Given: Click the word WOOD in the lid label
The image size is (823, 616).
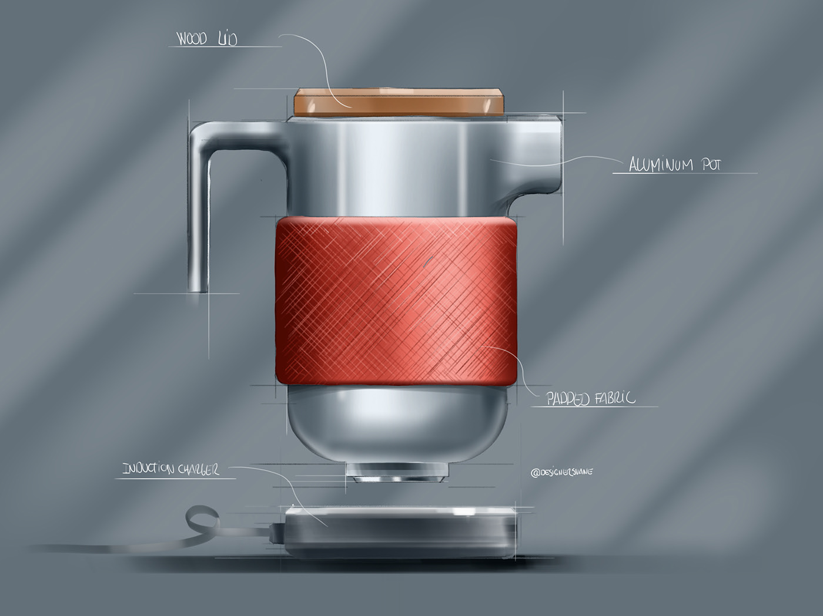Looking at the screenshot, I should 192,40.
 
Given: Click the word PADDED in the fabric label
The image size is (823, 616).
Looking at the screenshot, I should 568,399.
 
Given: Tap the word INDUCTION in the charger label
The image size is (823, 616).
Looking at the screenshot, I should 148,469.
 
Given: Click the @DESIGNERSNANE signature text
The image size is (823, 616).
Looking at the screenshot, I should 561,472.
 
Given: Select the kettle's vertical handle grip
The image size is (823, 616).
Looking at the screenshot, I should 199,223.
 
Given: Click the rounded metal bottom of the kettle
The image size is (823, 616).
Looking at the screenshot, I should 397,423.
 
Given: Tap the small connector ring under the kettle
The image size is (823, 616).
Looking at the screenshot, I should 397,471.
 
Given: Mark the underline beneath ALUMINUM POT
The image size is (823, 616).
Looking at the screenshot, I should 684,173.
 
